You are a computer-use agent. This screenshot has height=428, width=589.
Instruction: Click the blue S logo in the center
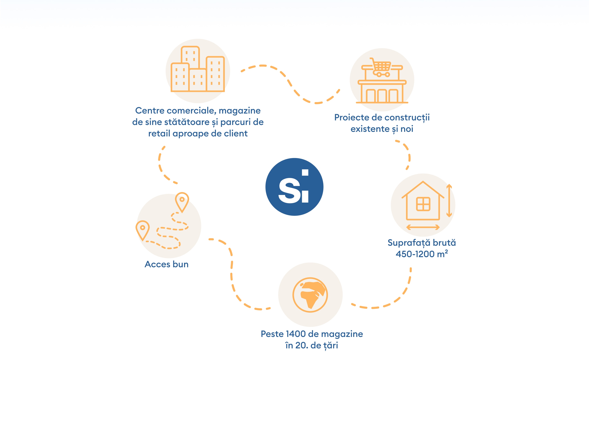pyautogui.click(x=294, y=187)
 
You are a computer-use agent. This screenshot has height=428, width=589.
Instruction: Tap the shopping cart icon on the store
pyautogui.click(x=380, y=67)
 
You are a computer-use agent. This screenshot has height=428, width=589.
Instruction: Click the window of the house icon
pyautogui.click(x=423, y=204)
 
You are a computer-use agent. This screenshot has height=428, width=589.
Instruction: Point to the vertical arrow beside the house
pyautogui.click(x=449, y=200)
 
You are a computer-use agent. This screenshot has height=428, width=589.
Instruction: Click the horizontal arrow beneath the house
pyautogui.click(x=423, y=227)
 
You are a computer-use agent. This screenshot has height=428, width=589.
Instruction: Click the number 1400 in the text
pyautogui.click(x=296, y=334)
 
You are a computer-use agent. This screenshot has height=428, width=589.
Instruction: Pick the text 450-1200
pyautogui.click(x=415, y=254)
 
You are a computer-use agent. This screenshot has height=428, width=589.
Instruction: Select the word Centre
pyautogui.click(x=150, y=111)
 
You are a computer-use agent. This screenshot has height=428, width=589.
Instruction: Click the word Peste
pyautogui.click(x=272, y=334)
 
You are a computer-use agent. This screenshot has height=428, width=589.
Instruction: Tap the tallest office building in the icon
pyautogui.click(x=190, y=57)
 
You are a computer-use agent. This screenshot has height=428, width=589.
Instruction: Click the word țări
pyautogui.click(x=331, y=346)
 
